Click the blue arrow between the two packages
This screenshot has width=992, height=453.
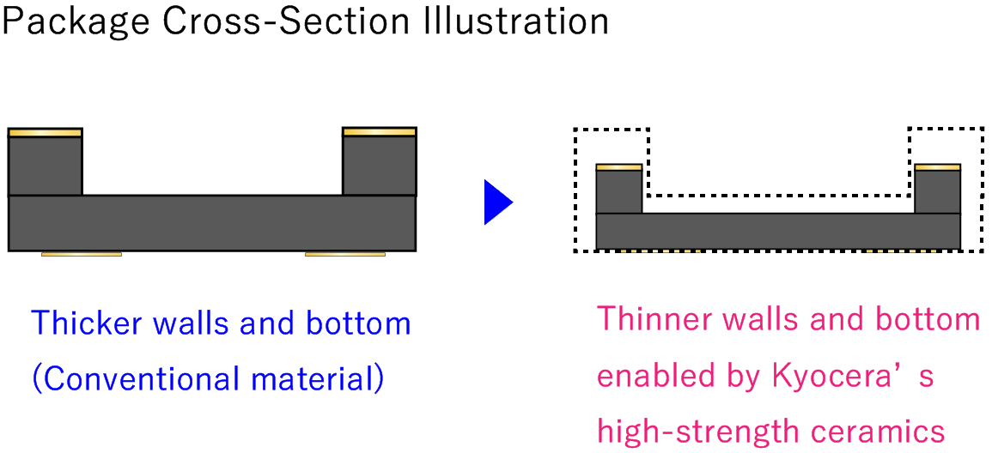point(497,203)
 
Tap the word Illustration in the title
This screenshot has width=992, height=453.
point(515,21)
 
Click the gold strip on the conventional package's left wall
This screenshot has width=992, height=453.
point(45,132)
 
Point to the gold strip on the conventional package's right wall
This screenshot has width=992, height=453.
point(379,131)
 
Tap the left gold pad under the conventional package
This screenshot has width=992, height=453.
point(82,254)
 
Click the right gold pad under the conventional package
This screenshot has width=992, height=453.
point(345,254)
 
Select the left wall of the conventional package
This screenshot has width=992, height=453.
point(45,166)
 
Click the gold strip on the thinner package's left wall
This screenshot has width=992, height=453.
point(618,166)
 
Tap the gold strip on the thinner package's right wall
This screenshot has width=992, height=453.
point(937,166)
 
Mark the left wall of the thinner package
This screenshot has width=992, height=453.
point(618,191)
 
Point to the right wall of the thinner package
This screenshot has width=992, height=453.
point(937,191)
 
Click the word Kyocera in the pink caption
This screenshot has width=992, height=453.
point(825,376)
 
